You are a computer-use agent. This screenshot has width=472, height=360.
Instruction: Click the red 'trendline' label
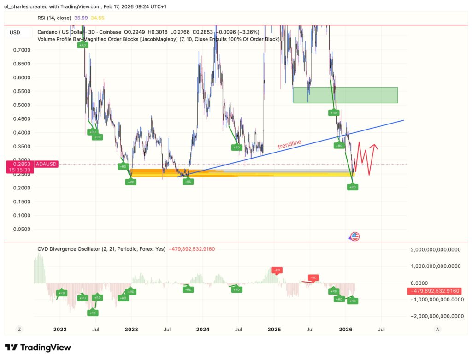click(x=289, y=144)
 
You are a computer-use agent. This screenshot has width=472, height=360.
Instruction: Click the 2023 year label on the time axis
click(x=131, y=330)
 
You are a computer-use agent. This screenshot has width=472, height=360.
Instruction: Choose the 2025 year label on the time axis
click(x=274, y=330)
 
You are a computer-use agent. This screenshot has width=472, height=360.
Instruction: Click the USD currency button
click(x=15, y=32)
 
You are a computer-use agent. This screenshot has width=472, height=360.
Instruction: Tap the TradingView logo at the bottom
click(x=38, y=348)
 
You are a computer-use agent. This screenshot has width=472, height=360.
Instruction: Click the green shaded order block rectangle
click(x=345, y=95)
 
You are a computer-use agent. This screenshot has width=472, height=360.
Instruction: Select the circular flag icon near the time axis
click(x=354, y=236)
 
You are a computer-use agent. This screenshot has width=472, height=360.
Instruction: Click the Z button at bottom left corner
click(x=19, y=330)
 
